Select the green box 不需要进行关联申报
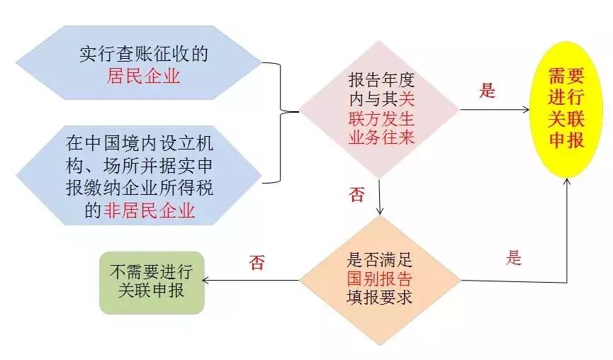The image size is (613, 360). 152,283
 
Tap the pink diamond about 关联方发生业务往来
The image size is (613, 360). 380,109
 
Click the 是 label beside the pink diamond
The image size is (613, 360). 488,91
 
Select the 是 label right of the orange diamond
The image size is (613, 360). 514,258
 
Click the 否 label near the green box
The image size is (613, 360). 256,262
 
